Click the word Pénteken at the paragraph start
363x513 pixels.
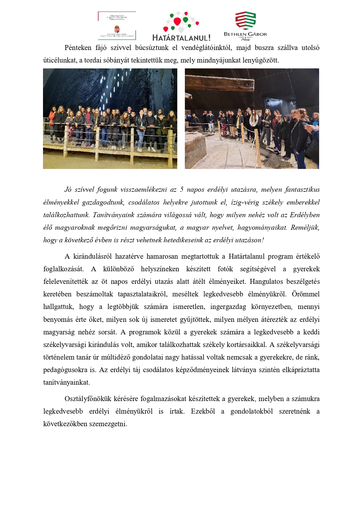[x=78, y=48]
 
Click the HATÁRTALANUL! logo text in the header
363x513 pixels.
[x=181, y=38]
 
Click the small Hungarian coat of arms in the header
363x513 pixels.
[x=117, y=29]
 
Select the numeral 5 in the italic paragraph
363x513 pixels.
[x=182, y=190]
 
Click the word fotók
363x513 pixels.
[x=225, y=269]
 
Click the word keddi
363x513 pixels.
[x=312, y=332]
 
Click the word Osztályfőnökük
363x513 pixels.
[x=88, y=399]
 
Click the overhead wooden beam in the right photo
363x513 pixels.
[x=219, y=83]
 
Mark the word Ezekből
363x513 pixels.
[x=203, y=412]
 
